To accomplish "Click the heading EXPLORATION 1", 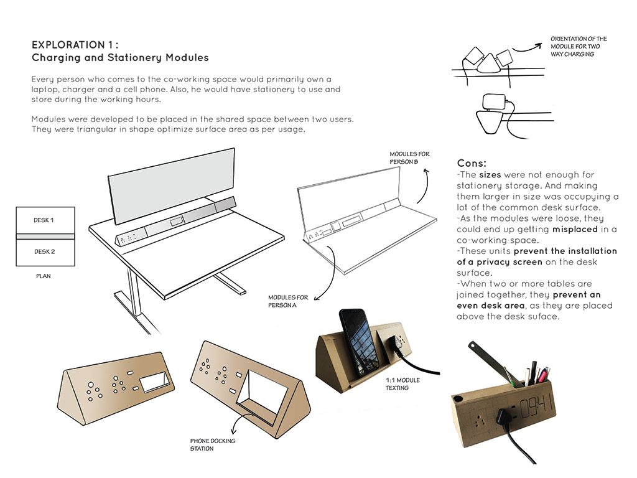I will [75, 45].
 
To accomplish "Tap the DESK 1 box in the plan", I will [44, 220].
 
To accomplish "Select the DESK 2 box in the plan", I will [44, 251].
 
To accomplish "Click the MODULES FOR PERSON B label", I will [409, 158].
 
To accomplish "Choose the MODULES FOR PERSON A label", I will [286, 301].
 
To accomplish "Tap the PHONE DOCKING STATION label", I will [213, 444].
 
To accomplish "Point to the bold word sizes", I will [491, 175].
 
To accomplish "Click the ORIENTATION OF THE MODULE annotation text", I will [579, 47].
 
